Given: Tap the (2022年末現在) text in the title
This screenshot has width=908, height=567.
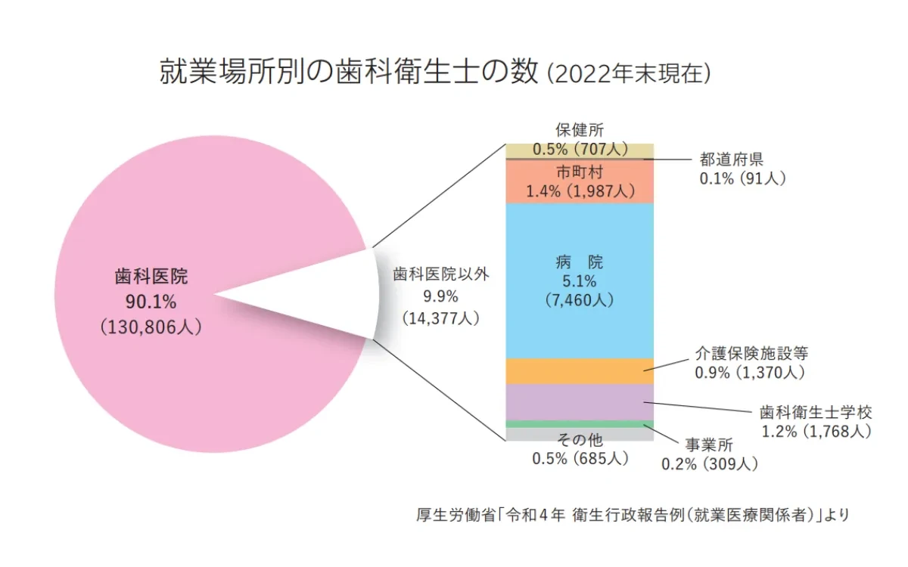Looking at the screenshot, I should (628, 73).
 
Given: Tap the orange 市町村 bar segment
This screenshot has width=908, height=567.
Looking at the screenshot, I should (580, 181).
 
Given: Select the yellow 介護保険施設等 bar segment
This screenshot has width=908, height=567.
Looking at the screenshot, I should (580, 370).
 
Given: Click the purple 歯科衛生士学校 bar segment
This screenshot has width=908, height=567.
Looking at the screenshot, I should (580, 401).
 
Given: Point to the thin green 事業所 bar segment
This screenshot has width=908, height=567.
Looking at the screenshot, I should (580, 424).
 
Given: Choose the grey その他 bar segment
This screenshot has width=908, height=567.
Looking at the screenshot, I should (580, 434).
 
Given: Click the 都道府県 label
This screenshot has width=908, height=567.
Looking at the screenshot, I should (731, 160).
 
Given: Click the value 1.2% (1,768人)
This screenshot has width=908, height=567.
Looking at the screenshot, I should (816, 432).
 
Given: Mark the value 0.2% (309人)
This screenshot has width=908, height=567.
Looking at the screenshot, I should (710, 463).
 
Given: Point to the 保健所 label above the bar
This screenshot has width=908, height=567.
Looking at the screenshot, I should (580, 130).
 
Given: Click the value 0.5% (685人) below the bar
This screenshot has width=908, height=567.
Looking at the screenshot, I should (580, 458).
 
